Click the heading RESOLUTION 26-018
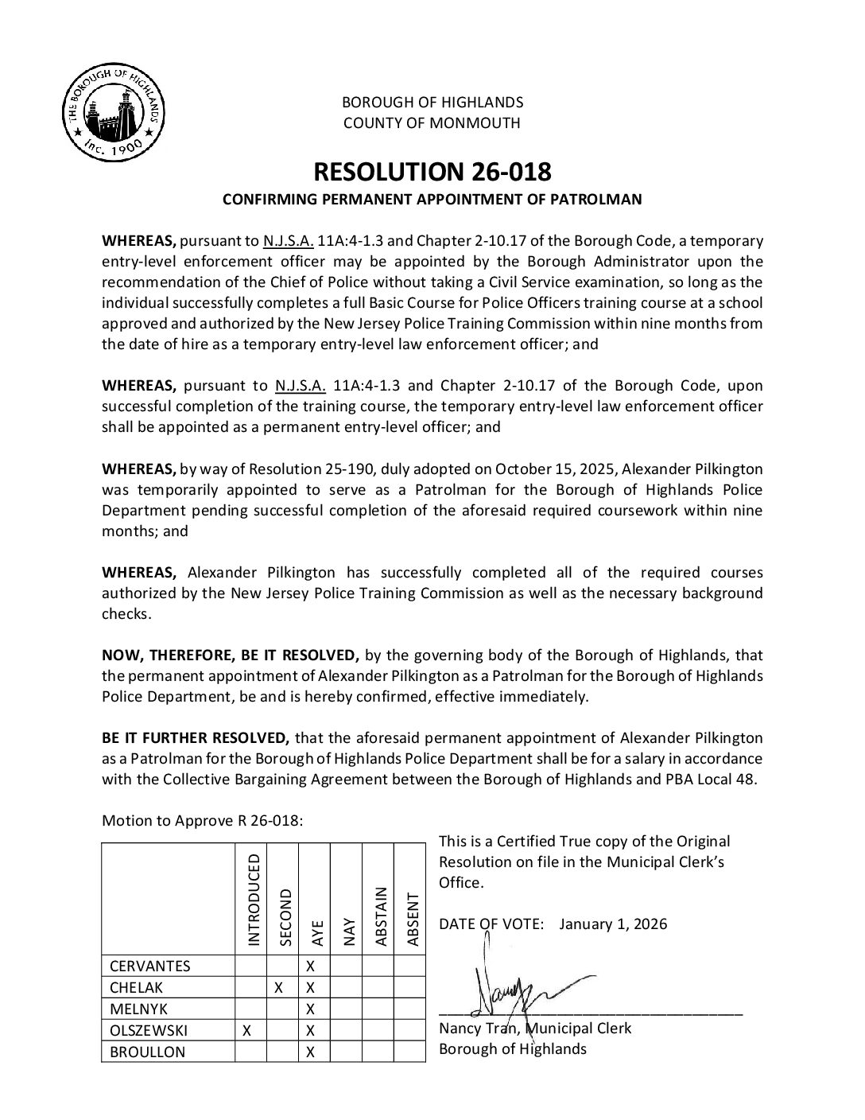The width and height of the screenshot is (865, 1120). click(432, 172)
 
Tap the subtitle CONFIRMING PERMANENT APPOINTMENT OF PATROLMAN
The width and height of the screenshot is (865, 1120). click(432, 200)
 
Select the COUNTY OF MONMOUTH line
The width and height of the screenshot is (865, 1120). click(432, 122)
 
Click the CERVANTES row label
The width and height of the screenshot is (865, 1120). click(149, 966)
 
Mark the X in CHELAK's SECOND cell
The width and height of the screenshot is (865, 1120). click(278, 987)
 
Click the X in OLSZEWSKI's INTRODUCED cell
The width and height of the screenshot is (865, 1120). click(246, 1030)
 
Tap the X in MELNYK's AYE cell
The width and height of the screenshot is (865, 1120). click(311, 1009)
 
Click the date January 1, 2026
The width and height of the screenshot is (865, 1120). click(613, 924)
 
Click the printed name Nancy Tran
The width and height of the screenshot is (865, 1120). click(477, 1028)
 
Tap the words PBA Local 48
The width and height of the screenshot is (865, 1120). click(717, 779)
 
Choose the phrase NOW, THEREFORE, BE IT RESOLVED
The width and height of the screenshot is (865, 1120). click(231, 655)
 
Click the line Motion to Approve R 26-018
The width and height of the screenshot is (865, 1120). click(202, 821)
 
